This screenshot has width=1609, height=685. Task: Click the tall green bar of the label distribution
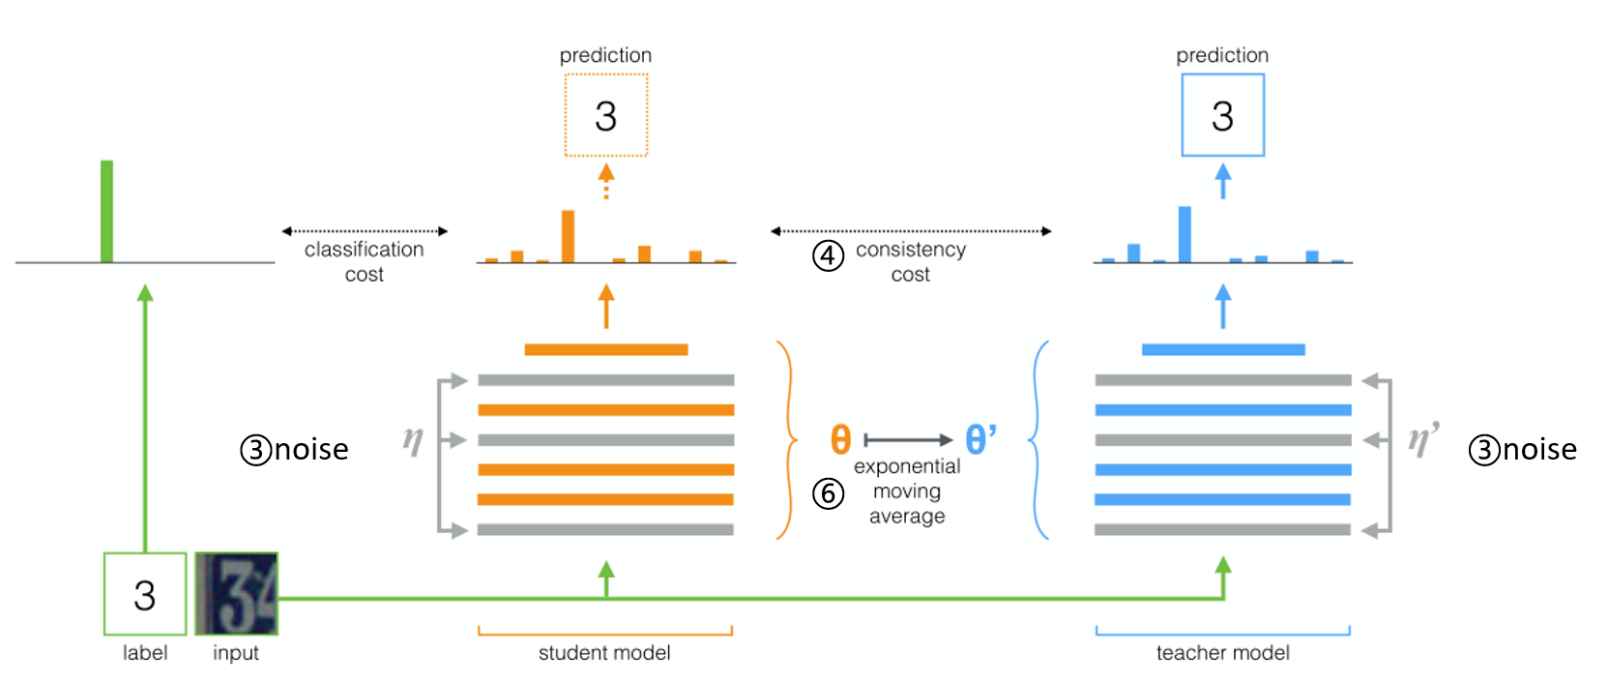point(106,211)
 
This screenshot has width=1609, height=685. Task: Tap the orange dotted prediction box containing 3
point(606,115)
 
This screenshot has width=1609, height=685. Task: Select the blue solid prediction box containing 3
point(1222,115)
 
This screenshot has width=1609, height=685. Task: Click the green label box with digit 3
point(145,594)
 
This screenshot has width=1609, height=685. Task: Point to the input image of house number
point(237,594)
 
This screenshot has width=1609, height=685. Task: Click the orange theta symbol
point(840,439)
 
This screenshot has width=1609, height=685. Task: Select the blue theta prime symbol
point(980,439)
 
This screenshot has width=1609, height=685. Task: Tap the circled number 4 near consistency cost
point(828,256)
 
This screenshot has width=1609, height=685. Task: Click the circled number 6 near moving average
point(828,493)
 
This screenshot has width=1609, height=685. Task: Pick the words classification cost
point(365,261)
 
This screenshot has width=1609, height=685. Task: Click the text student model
point(604,653)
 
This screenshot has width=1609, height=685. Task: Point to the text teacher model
point(1222,653)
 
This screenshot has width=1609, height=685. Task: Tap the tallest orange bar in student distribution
point(568,236)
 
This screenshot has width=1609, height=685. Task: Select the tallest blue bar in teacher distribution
point(1185,234)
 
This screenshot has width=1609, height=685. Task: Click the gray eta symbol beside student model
point(413,440)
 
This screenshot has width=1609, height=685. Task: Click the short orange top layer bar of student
point(606,349)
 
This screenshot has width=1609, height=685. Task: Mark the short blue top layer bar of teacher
point(1223,349)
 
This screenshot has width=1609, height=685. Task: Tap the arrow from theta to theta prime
point(908,440)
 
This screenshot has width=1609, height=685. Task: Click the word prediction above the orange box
point(605,55)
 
